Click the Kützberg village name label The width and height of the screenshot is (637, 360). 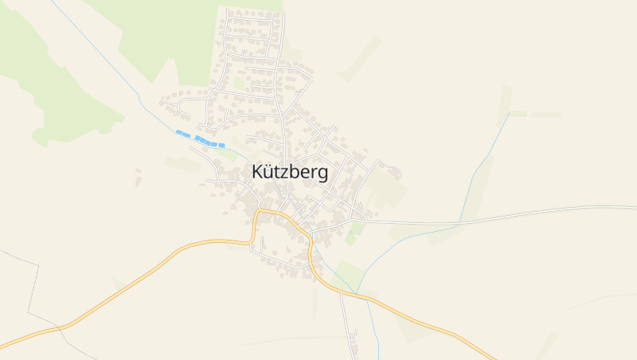pos(289,173)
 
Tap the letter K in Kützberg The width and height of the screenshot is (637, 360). pos(257,172)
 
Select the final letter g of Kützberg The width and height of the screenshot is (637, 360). pos(322,174)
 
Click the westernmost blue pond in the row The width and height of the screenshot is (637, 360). pos(180,133)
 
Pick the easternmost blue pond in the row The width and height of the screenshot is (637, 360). pos(221,145)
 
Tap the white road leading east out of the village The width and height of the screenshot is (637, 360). pos(494,216)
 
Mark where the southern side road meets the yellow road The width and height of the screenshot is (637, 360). pos(342,292)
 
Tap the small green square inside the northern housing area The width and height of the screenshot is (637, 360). pos(239,82)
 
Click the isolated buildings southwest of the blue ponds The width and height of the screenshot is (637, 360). pos(138,177)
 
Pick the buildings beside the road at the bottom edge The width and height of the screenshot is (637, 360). pos(353,341)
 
